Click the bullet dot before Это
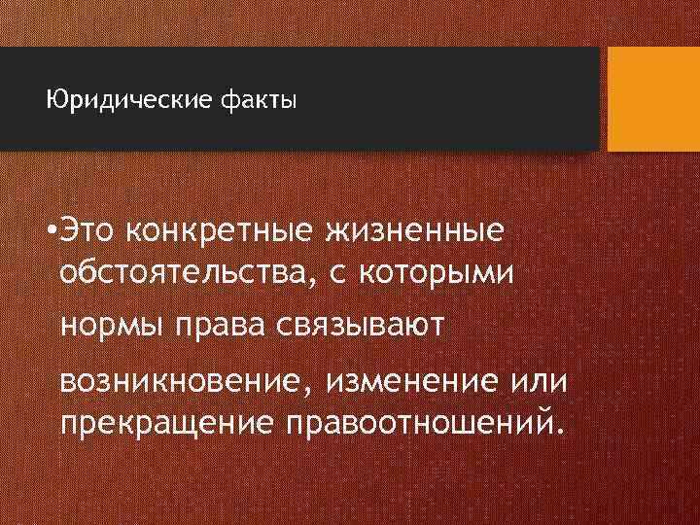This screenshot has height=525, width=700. (49, 234)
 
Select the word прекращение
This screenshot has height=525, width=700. (165, 424)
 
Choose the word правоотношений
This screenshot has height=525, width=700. (419, 424)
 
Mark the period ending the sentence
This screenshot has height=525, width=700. (557, 433)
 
